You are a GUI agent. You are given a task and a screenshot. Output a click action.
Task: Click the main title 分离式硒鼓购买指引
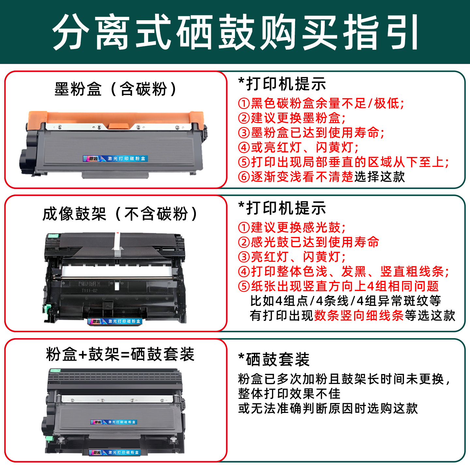pos(235,32)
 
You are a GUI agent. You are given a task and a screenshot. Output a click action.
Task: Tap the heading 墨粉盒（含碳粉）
pos(116,89)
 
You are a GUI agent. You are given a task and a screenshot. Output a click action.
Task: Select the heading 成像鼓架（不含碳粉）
pos(120,214)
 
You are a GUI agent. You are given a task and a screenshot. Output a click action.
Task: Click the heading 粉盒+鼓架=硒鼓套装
pos(120,354)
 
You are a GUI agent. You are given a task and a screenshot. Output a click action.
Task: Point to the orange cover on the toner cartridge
pos(116,118)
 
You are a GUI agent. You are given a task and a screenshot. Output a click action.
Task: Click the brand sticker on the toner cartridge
pos(116,159)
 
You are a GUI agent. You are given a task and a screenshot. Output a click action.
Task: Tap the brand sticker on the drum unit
pos(115,321)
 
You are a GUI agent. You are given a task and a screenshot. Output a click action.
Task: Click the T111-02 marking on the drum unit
pos(89,290)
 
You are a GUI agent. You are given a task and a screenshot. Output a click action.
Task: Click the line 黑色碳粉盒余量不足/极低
pos(321,103)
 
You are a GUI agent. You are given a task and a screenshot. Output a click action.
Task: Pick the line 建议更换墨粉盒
pos(292,118)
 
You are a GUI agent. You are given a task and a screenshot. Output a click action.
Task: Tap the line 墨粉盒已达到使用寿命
pos(311,133)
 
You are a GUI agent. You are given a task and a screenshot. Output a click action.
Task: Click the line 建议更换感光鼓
pos(292,227)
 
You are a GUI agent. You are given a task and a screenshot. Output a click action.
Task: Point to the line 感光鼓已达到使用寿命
pos(309,242)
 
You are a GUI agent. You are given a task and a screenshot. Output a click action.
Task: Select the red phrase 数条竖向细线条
pos(359,315)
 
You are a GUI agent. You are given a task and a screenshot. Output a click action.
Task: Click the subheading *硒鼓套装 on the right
pos(274,360)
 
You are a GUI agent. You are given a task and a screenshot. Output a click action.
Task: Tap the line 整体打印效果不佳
pos(289,394)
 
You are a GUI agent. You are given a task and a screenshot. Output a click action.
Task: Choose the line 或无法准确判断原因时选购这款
pos(328,408)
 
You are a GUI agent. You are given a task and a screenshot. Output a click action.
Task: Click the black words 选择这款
pos(380,177)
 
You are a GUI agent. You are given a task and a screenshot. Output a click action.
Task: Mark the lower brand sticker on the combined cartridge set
pos(115,452)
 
